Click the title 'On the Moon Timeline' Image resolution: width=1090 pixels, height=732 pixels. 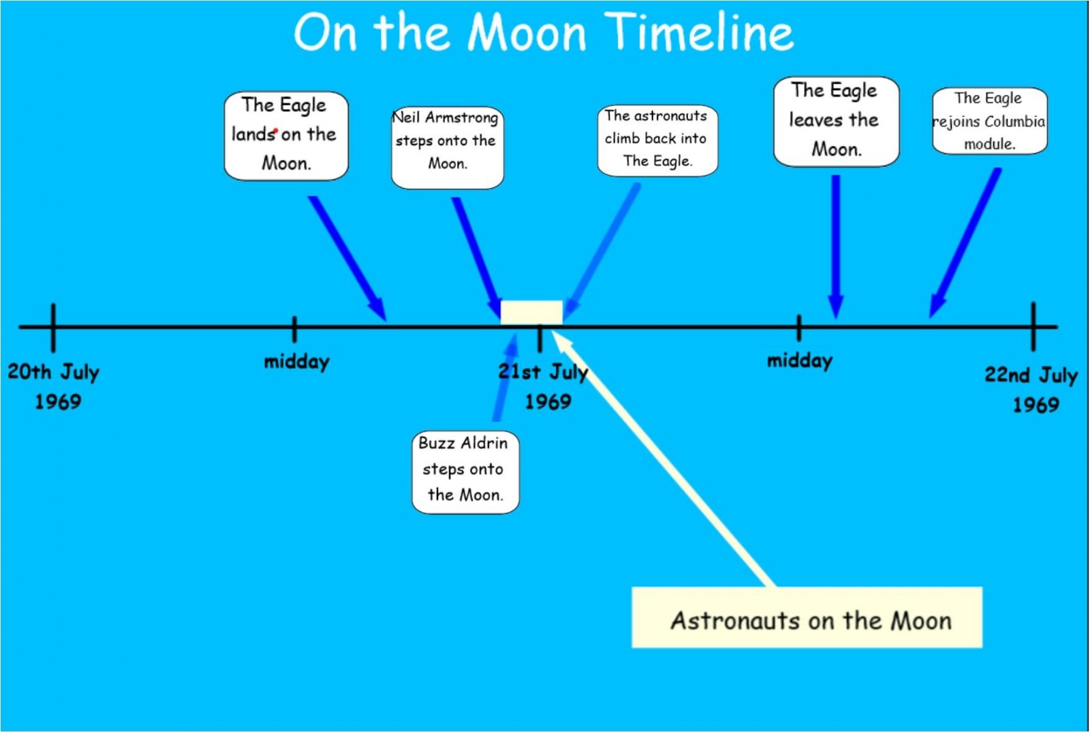click(x=544, y=31)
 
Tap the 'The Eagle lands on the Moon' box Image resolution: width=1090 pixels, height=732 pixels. click(x=286, y=136)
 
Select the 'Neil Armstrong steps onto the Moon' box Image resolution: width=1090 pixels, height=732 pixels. click(x=447, y=147)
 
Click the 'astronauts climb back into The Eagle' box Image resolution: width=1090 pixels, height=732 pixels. click(x=657, y=140)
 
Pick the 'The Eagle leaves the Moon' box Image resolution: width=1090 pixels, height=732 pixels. click(x=836, y=121)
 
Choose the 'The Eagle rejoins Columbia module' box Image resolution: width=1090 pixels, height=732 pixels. click(x=989, y=121)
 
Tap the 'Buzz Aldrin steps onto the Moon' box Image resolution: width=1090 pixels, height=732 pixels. click(x=465, y=472)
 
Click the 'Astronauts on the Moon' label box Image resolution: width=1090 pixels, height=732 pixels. click(x=807, y=617)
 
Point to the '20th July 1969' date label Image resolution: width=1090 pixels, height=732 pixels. click(x=54, y=386)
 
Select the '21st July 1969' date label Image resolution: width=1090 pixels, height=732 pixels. click(x=544, y=386)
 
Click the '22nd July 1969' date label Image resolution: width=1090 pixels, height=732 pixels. click(x=1031, y=389)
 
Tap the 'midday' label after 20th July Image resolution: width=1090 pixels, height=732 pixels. click(x=296, y=362)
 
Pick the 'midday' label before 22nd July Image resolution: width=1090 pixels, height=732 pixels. click(x=800, y=361)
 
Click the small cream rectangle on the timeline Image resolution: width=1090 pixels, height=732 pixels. click(x=531, y=312)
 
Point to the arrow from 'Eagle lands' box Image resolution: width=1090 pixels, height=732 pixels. click(x=347, y=258)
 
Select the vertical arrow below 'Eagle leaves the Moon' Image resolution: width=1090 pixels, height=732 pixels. click(x=836, y=247)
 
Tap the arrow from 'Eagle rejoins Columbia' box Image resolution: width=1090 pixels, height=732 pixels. click(x=965, y=243)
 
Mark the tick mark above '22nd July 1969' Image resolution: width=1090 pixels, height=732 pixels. click(x=1033, y=326)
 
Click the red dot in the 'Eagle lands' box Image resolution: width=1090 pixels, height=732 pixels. click(x=275, y=130)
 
